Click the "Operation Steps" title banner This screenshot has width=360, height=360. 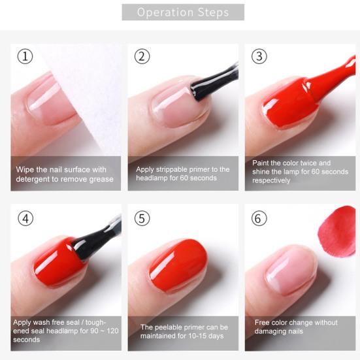[183, 12]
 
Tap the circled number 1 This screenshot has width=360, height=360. [25, 56]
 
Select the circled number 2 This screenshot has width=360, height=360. [142, 56]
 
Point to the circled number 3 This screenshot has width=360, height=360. [259, 56]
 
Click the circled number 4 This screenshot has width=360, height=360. [25, 218]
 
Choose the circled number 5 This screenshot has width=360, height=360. [142, 218]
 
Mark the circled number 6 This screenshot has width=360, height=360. [259, 218]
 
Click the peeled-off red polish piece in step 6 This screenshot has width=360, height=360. [336, 231]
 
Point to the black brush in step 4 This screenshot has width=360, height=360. [97, 238]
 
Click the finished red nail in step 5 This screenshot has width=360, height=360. [178, 266]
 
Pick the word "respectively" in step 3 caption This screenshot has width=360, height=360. [271, 180]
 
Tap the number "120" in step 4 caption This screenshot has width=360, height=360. [112, 331]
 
